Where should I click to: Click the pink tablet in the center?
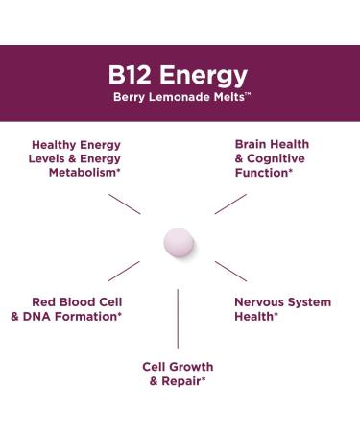pos(179,240)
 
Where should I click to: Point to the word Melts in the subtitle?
pos(229,99)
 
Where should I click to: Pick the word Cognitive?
pos(278,159)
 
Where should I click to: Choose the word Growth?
pos(192,367)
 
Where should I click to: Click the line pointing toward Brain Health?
pos(231,202)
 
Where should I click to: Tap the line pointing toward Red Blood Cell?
pos(125,272)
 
